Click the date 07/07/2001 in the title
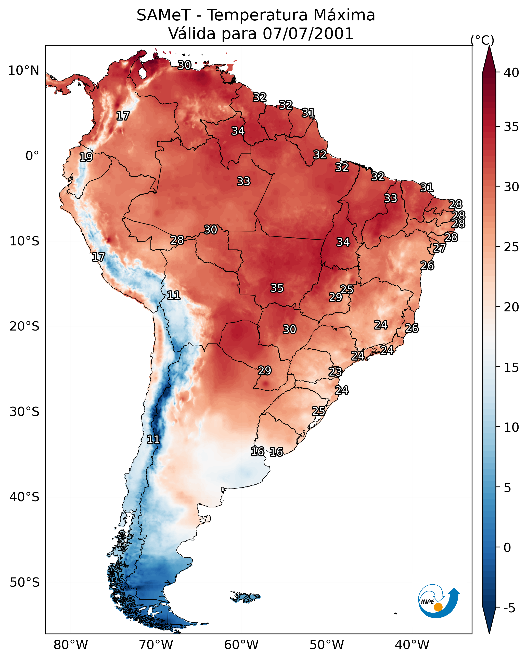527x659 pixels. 308,34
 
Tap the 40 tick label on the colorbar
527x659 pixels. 511,73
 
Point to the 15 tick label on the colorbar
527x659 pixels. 511,367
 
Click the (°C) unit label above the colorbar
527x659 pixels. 482,40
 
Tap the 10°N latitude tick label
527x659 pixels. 24,71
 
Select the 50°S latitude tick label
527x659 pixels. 24,582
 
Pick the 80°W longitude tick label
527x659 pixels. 71,645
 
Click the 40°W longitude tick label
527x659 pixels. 412,645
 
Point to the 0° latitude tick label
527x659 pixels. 32,156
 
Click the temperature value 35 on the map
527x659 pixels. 277,288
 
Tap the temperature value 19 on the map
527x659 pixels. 86,157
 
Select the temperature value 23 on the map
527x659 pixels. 335,372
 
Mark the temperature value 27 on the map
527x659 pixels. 439,248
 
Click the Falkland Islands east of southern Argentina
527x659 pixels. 246,597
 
